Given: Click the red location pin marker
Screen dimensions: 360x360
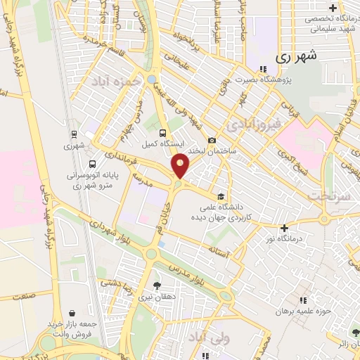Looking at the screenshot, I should (181, 166).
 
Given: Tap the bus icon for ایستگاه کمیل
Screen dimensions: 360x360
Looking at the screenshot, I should (163, 132).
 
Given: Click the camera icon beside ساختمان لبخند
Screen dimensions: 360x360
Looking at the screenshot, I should (212, 141).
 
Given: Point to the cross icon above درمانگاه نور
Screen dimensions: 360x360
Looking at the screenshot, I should (284, 228).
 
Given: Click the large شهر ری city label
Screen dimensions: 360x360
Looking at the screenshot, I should (296, 55).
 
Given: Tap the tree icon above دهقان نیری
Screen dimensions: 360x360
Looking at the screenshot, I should (156, 285).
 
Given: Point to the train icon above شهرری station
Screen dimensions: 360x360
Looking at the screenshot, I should (74, 134).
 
